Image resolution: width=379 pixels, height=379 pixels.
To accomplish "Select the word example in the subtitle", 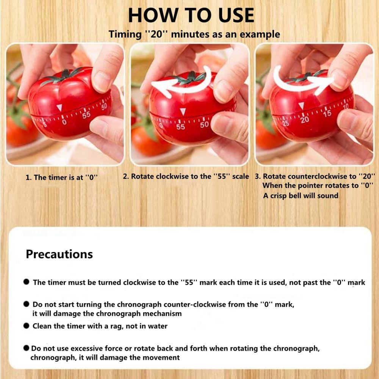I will (262, 34).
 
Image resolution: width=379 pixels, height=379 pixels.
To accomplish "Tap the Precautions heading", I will (59, 254).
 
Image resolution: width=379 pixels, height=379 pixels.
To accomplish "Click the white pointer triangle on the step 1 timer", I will (59, 108).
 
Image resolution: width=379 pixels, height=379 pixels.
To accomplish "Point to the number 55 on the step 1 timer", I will (86, 114).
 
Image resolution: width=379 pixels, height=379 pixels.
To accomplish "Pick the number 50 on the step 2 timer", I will (204, 124).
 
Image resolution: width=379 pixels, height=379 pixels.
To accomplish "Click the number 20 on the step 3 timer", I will (304, 120).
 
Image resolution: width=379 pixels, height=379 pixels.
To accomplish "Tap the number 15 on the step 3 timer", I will (327, 113).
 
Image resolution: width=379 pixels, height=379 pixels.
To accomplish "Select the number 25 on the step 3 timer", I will (285, 123).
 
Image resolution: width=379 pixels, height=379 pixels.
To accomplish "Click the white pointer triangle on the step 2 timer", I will (183, 111).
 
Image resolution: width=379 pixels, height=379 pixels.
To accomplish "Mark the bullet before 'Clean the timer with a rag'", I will (26, 326).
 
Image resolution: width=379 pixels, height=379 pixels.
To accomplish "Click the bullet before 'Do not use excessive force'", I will (26, 348).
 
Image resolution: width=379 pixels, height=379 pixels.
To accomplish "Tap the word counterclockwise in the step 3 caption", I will (316, 176).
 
